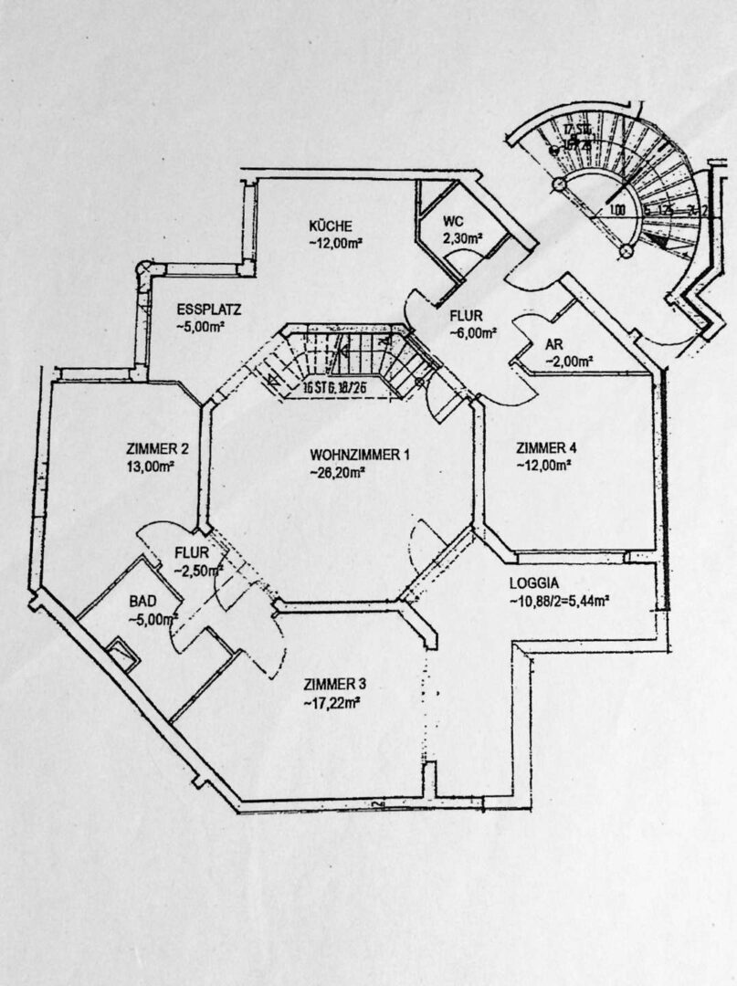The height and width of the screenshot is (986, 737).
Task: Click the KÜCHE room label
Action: click(x=330, y=226)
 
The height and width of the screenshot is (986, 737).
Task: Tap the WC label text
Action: click(x=454, y=223)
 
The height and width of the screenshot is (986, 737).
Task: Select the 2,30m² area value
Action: click(x=462, y=239)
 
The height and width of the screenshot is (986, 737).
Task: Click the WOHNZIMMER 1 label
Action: click(x=359, y=454)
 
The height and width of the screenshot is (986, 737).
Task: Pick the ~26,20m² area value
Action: click(x=337, y=472)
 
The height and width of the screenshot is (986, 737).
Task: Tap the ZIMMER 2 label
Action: click(x=158, y=448)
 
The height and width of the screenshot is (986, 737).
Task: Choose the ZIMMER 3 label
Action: click(x=335, y=685)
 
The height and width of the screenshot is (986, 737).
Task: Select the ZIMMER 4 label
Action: click(x=546, y=447)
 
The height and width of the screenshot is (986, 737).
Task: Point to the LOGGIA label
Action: click(x=536, y=582)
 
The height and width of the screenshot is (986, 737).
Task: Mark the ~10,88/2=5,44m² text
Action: click(x=561, y=601)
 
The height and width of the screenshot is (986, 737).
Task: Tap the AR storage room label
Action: click(x=553, y=344)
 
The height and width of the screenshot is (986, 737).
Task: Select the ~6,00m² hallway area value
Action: click(x=473, y=333)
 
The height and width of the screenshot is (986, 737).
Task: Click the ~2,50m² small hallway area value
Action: click(x=197, y=571)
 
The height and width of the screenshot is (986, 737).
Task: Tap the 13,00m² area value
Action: click(x=151, y=466)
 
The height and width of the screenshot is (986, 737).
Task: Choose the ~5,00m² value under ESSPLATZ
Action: click(x=201, y=326)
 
